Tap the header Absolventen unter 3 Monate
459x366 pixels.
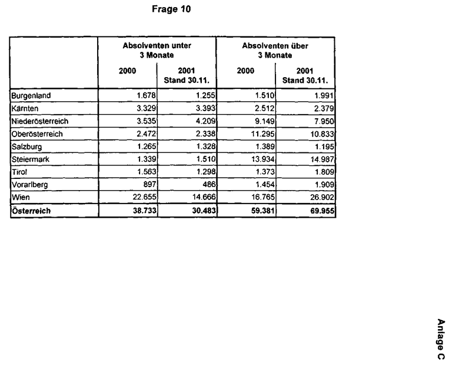click(x=157, y=50)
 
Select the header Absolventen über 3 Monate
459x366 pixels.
click(x=275, y=50)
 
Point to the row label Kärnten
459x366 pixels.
click(x=25, y=108)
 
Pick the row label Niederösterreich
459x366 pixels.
click(x=39, y=121)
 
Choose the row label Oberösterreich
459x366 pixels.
click(x=37, y=134)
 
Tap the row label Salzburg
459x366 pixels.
click(x=26, y=147)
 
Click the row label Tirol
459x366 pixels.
click(x=19, y=172)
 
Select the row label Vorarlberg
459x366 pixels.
click(x=29, y=185)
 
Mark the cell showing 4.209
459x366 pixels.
click(x=203, y=121)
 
